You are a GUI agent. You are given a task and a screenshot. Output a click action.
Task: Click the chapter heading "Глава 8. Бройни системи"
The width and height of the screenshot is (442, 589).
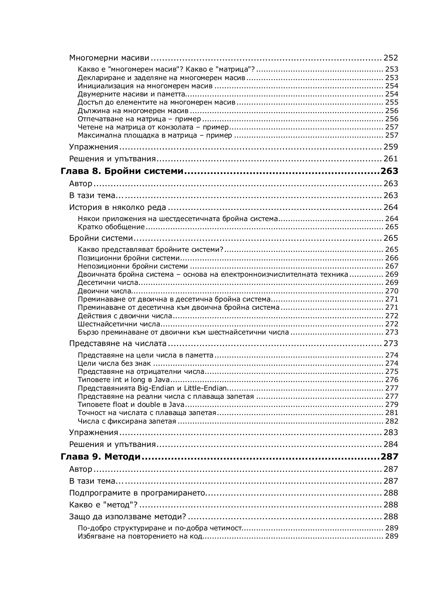tap(122, 171)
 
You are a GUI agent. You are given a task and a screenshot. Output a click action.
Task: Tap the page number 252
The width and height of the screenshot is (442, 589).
tap(390, 58)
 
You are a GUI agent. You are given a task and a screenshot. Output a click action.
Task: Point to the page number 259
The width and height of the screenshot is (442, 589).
tap(390, 147)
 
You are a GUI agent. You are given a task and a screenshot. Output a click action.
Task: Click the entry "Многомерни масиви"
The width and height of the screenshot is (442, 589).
tap(109, 58)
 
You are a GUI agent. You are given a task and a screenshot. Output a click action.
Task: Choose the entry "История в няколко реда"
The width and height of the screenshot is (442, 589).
tap(118, 207)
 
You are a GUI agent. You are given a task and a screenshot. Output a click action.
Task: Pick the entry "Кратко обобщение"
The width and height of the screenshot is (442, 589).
tap(111, 227)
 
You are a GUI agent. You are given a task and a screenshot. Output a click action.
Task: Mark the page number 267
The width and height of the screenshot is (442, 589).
tap(392, 266)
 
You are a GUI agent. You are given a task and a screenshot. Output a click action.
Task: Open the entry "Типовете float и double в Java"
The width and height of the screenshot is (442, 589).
tap(126, 405)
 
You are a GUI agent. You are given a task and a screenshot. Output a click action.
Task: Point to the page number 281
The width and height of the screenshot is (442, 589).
tap(392, 413)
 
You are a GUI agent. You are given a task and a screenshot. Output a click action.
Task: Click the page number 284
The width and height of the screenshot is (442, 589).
tap(390, 444)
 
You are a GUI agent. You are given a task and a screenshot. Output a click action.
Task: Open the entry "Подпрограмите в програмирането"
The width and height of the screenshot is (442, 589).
tap(137, 493)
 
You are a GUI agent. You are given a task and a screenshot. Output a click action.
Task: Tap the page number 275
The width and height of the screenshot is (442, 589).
tap(392, 372)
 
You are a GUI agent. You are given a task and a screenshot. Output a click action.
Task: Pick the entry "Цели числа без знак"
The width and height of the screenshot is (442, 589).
tap(114, 363)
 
